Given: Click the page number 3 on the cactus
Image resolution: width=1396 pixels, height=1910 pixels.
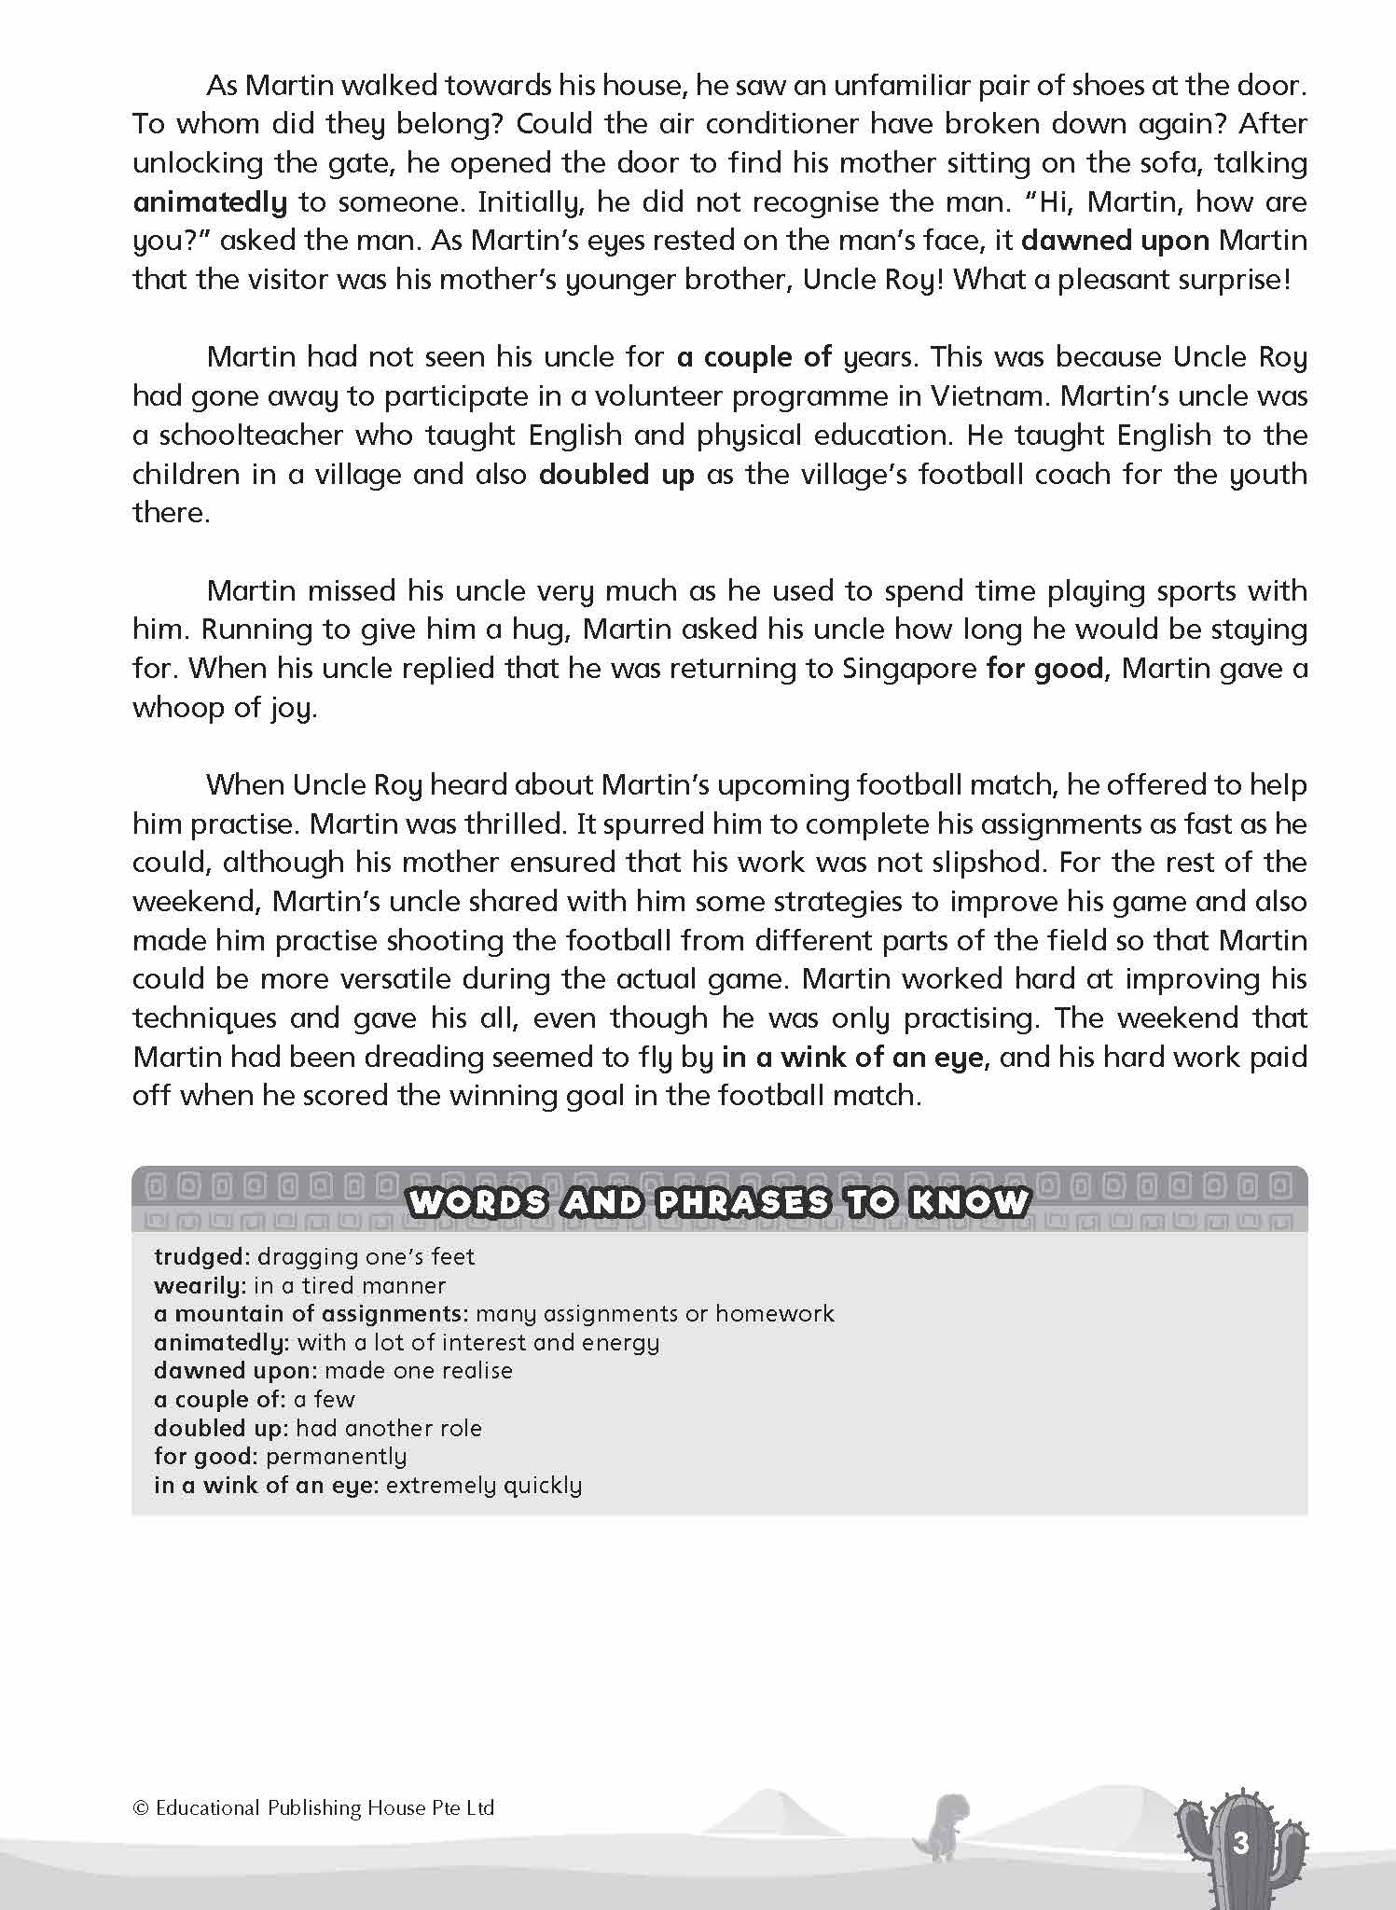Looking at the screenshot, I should pyautogui.click(x=1240, y=1843).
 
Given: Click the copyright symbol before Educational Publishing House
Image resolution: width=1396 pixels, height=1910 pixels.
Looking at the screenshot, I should pyautogui.click(x=141, y=1808).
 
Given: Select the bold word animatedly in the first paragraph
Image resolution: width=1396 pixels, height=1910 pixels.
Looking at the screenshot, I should pyautogui.click(x=210, y=201).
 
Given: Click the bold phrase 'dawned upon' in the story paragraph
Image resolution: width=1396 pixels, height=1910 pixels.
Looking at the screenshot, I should pyautogui.click(x=1115, y=241).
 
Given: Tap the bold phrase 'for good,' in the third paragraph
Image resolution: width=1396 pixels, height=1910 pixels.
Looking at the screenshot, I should pyautogui.click(x=1047, y=669).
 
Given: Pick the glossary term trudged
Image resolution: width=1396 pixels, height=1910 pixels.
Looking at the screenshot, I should pyautogui.click(x=201, y=1257).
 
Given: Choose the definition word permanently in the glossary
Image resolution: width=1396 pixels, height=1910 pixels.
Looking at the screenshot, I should pyautogui.click(x=336, y=1456).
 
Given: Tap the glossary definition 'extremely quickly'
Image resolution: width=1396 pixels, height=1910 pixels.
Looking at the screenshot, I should pyautogui.click(x=483, y=1485).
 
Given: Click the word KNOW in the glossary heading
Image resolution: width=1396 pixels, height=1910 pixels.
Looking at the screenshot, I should pyautogui.click(x=970, y=1202).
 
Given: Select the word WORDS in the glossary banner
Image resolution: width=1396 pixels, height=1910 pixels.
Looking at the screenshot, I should pyautogui.click(x=477, y=1202).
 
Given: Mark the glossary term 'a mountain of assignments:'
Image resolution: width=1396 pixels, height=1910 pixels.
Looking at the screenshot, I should pyautogui.click(x=311, y=1314).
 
